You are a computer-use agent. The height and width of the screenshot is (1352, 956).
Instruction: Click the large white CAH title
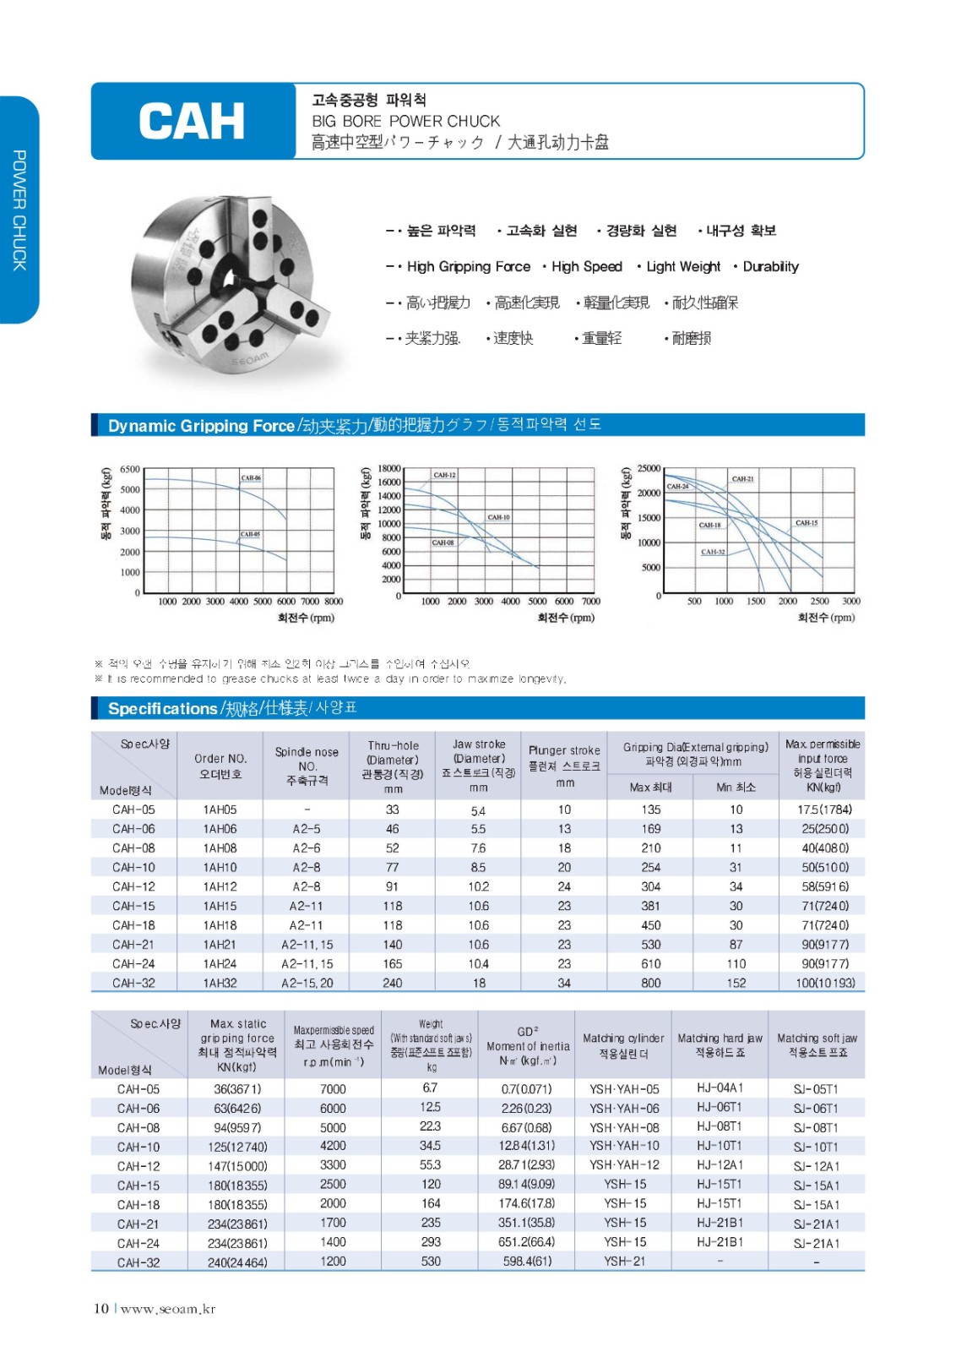coord(192,121)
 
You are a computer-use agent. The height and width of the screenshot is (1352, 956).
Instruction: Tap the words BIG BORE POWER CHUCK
coord(405,121)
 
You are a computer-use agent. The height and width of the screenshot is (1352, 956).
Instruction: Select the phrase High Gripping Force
coord(468,267)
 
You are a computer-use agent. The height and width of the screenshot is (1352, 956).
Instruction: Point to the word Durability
coord(770,267)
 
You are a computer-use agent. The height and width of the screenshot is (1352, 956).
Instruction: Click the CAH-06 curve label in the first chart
coord(251,478)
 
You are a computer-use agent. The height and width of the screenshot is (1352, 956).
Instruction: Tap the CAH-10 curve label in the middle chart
coord(498,517)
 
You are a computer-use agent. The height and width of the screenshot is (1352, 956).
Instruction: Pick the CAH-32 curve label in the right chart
coord(713,552)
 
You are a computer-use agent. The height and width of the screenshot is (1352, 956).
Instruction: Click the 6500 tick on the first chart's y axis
coord(130,469)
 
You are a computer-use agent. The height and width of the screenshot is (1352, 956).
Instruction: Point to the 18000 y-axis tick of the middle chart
coord(389,468)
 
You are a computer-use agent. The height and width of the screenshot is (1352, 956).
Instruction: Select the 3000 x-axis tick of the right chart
coord(850,602)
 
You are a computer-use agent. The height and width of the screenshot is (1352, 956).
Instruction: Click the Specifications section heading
coord(162,709)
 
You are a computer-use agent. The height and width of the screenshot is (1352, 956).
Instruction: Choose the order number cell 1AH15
coord(220,906)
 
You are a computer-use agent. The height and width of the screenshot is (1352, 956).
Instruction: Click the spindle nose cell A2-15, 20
coord(307,983)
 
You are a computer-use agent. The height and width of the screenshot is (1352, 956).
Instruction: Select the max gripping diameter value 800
coord(650,983)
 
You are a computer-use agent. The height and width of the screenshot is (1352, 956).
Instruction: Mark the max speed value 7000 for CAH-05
coord(333,1089)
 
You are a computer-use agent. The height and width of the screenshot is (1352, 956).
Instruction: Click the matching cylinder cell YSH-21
coord(625,1262)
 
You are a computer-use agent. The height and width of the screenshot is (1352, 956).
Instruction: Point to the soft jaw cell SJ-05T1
coord(816,1089)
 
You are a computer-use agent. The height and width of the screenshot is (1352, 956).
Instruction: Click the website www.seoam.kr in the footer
coord(167,1309)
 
